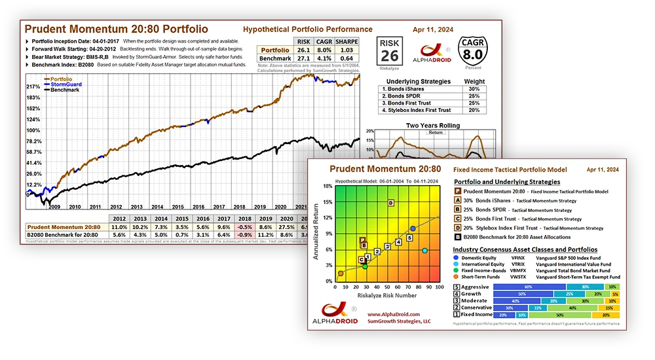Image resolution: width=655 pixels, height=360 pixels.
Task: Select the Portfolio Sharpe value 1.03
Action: tap(346, 50)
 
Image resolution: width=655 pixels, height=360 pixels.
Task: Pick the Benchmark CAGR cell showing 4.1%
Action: tap(322, 58)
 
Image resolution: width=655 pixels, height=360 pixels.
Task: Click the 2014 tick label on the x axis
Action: tap(140, 206)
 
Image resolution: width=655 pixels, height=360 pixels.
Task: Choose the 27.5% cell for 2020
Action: tap(286, 226)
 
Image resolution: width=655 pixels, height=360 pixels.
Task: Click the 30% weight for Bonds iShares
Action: tap(474, 89)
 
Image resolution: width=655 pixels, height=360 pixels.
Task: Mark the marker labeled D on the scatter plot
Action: tap(390, 203)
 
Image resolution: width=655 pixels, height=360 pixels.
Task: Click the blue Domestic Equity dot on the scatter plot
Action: tap(413, 228)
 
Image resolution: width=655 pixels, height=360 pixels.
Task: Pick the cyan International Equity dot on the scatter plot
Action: tap(425, 251)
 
